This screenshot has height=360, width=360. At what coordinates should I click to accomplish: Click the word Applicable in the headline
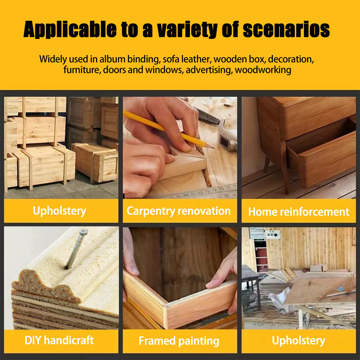(70, 30)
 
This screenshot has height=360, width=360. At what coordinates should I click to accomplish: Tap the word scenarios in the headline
(286, 30)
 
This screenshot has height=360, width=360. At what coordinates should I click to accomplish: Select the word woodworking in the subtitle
(263, 70)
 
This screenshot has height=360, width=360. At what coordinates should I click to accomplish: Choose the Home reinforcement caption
(299, 212)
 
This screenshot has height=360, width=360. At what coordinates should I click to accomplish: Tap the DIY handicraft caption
(59, 340)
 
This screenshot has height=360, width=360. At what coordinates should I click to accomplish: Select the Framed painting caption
(179, 341)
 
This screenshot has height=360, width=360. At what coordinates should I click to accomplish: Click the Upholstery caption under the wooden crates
(59, 211)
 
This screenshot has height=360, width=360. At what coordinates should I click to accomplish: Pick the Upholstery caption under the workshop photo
(298, 341)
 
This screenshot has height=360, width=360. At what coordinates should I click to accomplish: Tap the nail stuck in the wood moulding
(76, 249)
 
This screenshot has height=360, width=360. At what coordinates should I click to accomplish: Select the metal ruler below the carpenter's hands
(202, 192)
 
